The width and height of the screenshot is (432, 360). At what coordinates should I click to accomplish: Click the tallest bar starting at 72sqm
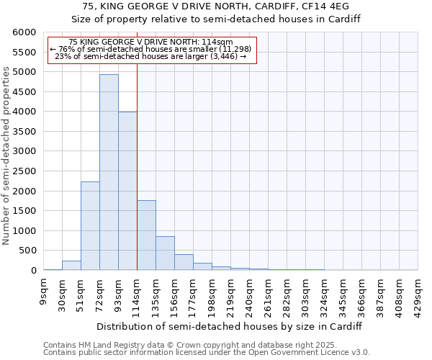(x=109, y=172)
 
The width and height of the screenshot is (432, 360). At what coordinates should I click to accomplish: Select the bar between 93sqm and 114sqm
(x=127, y=191)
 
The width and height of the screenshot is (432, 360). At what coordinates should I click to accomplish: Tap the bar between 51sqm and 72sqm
(x=90, y=225)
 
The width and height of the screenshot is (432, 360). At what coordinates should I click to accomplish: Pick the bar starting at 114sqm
(x=146, y=235)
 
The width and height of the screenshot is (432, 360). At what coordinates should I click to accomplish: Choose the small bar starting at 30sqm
(x=71, y=265)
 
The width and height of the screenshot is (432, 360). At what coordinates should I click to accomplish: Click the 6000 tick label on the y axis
(x=24, y=32)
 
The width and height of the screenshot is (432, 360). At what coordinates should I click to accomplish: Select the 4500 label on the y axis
(x=24, y=92)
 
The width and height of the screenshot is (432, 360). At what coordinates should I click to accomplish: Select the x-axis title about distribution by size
(x=230, y=326)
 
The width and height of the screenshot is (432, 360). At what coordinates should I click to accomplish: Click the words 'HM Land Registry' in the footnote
(x=105, y=345)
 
